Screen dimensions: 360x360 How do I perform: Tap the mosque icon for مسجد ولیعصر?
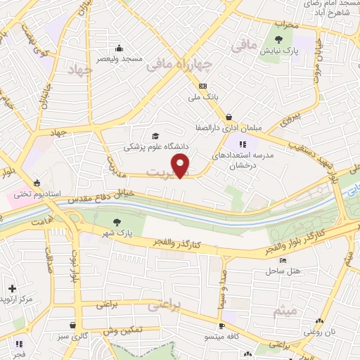tap(119, 49)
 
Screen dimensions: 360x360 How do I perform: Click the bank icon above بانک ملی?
tap(202, 86)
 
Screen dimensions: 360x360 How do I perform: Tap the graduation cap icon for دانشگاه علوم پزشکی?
tap(155, 136)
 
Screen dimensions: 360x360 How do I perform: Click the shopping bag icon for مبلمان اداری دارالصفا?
tap(229, 117)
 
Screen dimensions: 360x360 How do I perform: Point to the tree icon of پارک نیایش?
tap(279, 40)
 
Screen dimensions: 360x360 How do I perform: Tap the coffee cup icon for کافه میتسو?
tap(221, 326)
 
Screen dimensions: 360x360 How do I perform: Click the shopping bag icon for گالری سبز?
tap(73, 326)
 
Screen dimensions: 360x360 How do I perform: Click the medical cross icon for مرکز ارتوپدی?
tap(12, 288)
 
